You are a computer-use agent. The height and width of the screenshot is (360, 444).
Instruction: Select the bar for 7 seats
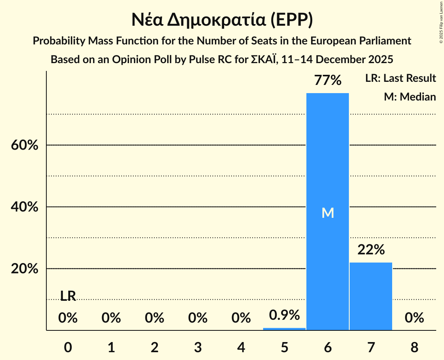(371, 296)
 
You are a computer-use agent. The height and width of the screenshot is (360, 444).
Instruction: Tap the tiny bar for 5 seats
(284, 329)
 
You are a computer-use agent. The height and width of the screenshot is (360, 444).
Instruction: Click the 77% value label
(328, 81)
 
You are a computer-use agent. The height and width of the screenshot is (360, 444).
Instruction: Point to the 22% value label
(371, 250)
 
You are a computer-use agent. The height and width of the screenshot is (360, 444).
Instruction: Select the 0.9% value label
(284, 314)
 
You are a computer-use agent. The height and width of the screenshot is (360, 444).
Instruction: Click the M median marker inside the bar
(328, 213)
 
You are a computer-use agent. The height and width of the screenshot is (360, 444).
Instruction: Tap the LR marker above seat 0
(68, 296)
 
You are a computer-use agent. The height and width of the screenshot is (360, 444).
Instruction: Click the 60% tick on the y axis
(24, 145)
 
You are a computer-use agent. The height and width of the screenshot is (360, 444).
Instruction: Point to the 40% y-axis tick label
(24, 207)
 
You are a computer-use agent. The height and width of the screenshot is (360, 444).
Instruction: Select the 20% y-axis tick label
(24, 269)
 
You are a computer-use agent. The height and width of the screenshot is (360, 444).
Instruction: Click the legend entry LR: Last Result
(400, 78)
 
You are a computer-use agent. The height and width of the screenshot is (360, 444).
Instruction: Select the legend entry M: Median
(410, 97)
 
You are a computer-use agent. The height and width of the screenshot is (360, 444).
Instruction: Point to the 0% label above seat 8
(414, 318)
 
